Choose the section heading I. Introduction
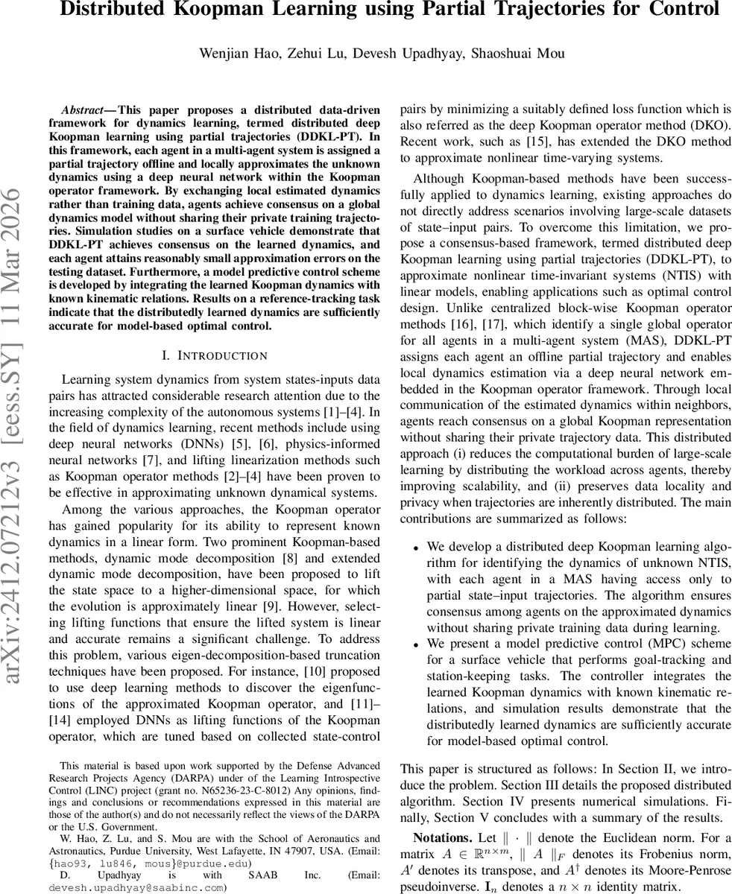[214, 356]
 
